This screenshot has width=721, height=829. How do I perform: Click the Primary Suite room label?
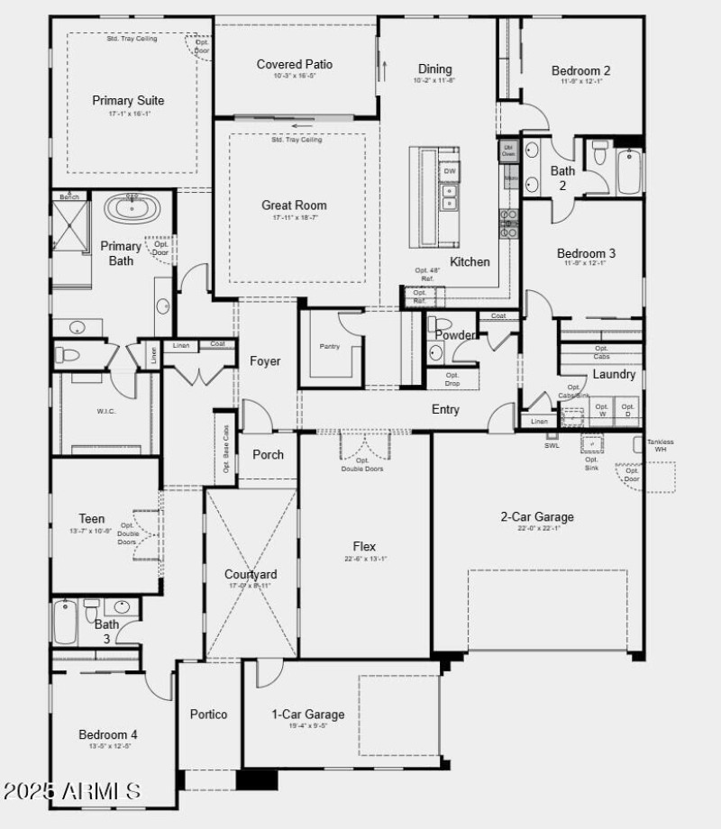click(128, 101)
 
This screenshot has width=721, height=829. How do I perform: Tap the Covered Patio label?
click(294, 64)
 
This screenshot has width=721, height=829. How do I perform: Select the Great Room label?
click(294, 205)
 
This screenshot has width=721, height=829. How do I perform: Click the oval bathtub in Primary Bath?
click(132, 209)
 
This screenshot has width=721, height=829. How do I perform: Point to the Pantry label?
click(330, 346)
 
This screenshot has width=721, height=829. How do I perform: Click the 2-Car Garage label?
click(537, 517)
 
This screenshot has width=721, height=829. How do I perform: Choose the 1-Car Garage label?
click(308, 715)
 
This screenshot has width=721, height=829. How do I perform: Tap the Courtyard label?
click(251, 574)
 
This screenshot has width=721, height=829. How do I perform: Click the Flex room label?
click(364, 546)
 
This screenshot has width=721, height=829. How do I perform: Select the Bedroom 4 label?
click(108, 734)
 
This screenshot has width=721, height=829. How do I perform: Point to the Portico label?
click(208, 715)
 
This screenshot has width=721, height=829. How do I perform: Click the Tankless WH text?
click(661, 445)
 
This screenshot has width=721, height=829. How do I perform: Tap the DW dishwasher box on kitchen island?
click(450, 171)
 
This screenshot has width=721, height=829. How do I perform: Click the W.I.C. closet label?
click(107, 412)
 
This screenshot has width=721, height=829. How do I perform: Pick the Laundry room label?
click(614, 374)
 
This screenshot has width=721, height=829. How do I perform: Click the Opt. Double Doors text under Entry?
click(362, 465)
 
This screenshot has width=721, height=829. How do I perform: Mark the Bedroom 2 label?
click(581, 70)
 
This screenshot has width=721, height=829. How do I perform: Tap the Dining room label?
click(434, 69)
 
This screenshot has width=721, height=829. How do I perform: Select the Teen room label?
click(91, 519)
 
